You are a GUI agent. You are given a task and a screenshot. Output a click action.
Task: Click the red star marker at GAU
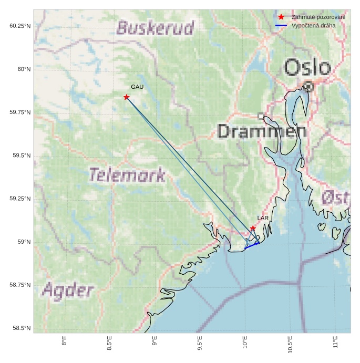pos(127,97)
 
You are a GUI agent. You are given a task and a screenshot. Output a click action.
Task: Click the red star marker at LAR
pos(253,228)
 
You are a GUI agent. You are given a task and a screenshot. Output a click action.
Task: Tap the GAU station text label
pos(137,87)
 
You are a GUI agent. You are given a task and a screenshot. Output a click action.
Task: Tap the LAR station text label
pos(263,217)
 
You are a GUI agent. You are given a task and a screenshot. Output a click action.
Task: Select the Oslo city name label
pos(307,68)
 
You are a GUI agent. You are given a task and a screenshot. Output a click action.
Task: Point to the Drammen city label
pos(262,131)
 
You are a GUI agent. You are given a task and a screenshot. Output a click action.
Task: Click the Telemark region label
pos(127,175)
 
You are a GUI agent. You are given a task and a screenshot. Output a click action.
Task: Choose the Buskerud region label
pos(155,28)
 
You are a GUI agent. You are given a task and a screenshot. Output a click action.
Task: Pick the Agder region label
pos(68,290)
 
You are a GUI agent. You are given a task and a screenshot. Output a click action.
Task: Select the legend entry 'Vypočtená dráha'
pos(313,25)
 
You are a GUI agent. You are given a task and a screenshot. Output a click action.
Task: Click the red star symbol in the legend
pos(281,17)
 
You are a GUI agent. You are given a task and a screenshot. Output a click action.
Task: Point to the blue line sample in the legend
pos(281,25)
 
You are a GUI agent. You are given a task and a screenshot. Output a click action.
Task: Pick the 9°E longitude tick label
pos(155,341)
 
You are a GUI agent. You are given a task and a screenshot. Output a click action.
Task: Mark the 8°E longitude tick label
pos(64,341)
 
